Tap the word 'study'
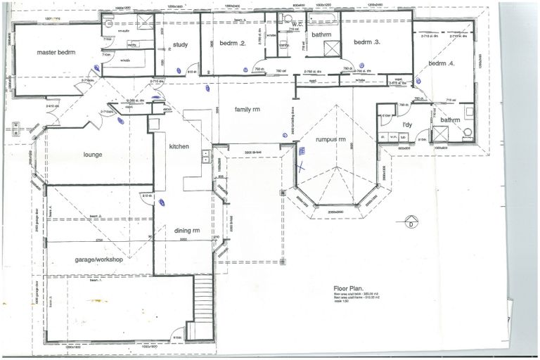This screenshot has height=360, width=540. [179, 46]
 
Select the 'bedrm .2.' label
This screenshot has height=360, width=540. [232, 44]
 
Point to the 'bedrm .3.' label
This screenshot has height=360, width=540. [366, 42]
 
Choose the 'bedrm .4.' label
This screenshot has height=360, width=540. [441, 63]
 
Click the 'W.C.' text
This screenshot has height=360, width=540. [296, 24]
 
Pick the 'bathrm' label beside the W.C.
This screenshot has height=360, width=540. [321, 34]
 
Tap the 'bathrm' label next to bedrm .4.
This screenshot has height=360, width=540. [449, 120]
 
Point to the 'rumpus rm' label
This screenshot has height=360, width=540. [330, 139]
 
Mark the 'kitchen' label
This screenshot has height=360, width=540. [179, 146]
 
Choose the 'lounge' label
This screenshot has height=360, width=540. [94, 154]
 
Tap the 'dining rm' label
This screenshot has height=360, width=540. [187, 231]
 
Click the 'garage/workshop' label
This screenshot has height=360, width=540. [99, 259]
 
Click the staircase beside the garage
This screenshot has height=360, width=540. [203, 299]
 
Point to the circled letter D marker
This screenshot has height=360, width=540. [410, 225]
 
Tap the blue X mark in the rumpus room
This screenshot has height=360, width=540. [302, 167]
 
